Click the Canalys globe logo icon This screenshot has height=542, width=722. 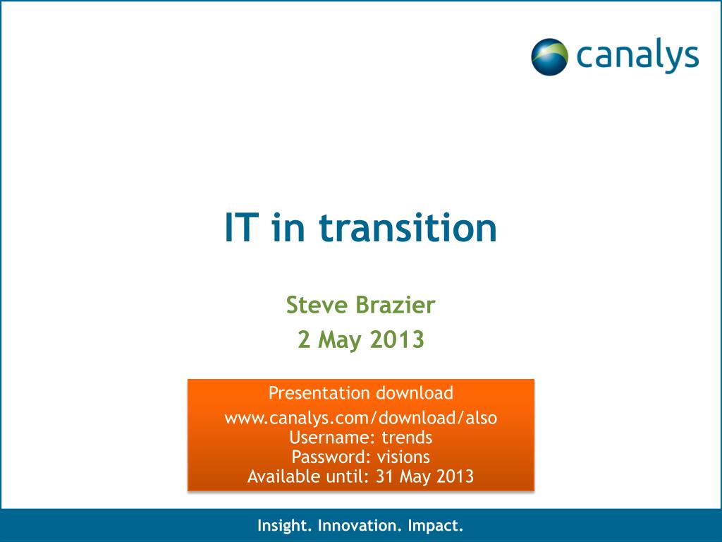pyautogui.click(x=549, y=56)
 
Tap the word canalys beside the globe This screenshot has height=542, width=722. pyautogui.click(x=637, y=56)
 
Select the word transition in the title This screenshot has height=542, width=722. pyautogui.click(x=408, y=228)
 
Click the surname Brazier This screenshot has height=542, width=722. pyautogui.click(x=396, y=305)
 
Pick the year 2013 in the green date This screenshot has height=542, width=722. pyautogui.click(x=397, y=339)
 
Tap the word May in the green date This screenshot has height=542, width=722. pyautogui.click(x=340, y=341)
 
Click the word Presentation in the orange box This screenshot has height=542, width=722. pyautogui.click(x=319, y=393)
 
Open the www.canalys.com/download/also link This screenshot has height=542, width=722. pyautogui.click(x=361, y=418)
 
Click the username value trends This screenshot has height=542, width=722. pyautogui.click(x=407, y=438)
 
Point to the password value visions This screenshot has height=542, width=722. pyautogui.click(x=403, y=457)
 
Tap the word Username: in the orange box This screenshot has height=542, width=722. pyautogui.click(x=332, y=438)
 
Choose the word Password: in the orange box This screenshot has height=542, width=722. pyautogui.click(x=331, y=457)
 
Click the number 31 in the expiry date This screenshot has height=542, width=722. pyautogui.click(x=385, y=476)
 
